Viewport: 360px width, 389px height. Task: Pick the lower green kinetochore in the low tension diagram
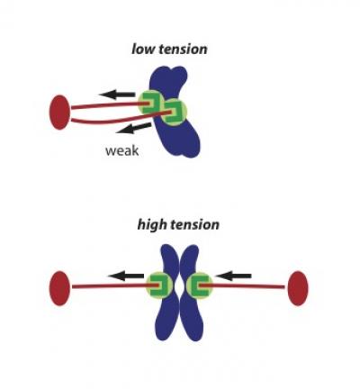tap(175, 114)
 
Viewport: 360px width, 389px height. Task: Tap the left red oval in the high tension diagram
tap(60, 287)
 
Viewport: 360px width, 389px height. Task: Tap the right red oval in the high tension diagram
tap(297, 287)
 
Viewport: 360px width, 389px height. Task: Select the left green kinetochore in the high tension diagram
tap(158, 286)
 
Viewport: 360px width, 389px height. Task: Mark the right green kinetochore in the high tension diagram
tap(200, 286)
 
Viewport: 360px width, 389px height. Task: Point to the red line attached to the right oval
tap(252, 287)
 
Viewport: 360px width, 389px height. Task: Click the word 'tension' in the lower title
tap(195, 223)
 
